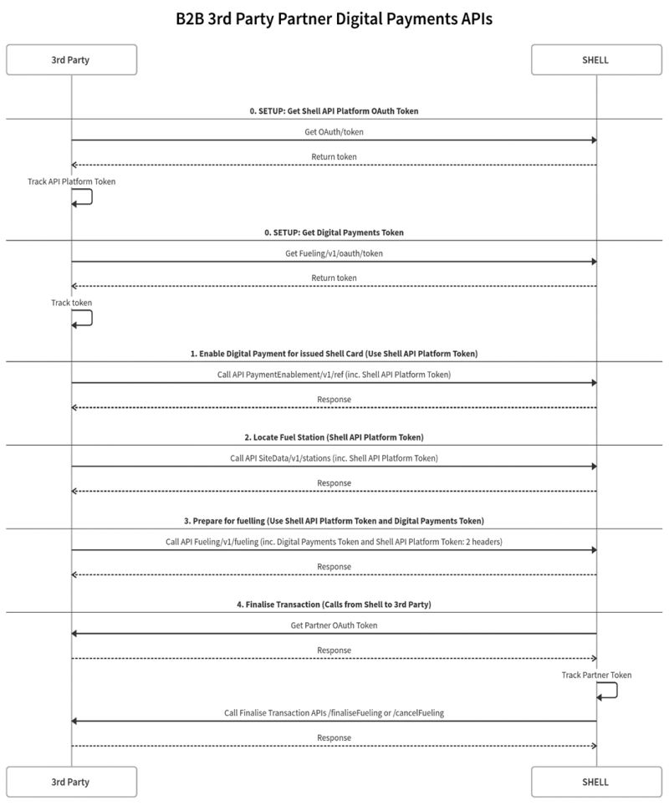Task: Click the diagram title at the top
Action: click(x=334, y=18)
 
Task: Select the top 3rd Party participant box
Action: click(x=71, y=60)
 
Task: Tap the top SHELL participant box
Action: click(x=596, y=60)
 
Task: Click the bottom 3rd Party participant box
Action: click(x=71, y=782)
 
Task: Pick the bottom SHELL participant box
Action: click(x=596, y=782)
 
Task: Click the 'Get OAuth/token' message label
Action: click(x=334, y=131)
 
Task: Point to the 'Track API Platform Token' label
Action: click(x=71, y=181)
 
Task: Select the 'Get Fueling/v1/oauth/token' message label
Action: click(x=334, y=253)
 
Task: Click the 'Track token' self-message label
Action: click(x=71, y=303)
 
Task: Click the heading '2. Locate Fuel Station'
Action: click(x=334, y=437)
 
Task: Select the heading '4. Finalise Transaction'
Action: click(x=334, y=604)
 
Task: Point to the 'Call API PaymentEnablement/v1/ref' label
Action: click(x=334, y=375)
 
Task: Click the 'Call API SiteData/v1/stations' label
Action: click(x=334, y=458)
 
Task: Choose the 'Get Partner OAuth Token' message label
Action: click(x=334, y=625)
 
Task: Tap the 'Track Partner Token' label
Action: click(x=596, y=675)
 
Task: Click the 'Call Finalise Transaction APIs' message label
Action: click(x=334, y=712)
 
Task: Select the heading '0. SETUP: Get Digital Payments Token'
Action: click(x=334, y=232)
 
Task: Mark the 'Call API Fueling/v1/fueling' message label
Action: click(x=334, y=542)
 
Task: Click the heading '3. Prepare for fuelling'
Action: click(x=334, y=521)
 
